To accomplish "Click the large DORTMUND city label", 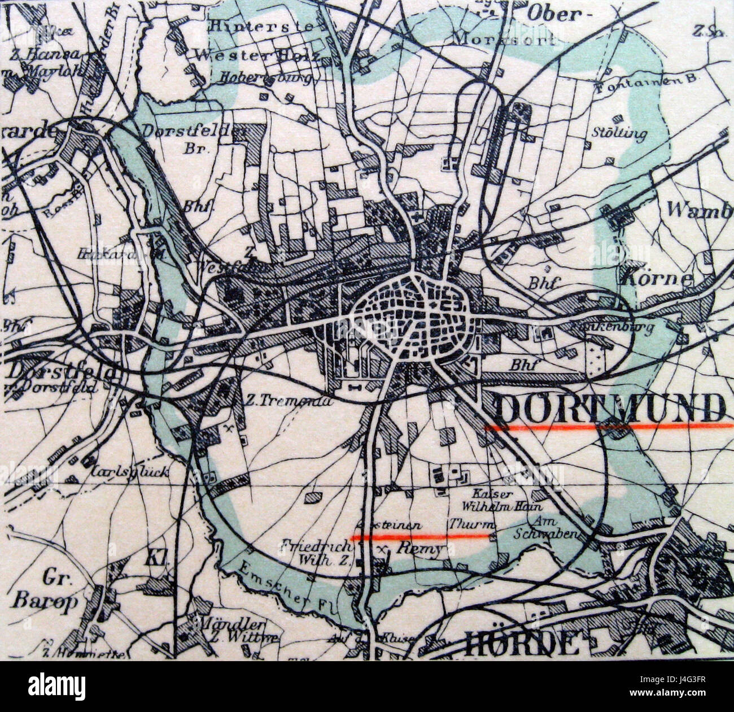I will pyautogui.click(x=610, y=407).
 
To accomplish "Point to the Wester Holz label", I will pyautogui.click(x=257, y=55).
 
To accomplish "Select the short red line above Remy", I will pyautogui.click(x=422, y=536).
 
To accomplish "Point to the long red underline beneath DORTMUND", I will pyautogui.click(x=607, y=428).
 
